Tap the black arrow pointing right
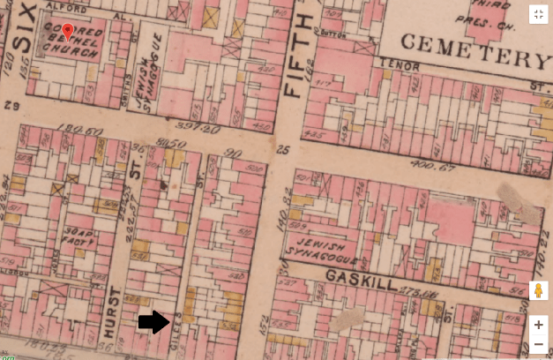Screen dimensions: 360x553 coord(153,322)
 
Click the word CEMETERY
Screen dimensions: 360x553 coord(475,50)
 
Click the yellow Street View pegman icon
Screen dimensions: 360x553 coord(538,290)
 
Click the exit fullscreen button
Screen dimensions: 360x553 coord(538,14)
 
